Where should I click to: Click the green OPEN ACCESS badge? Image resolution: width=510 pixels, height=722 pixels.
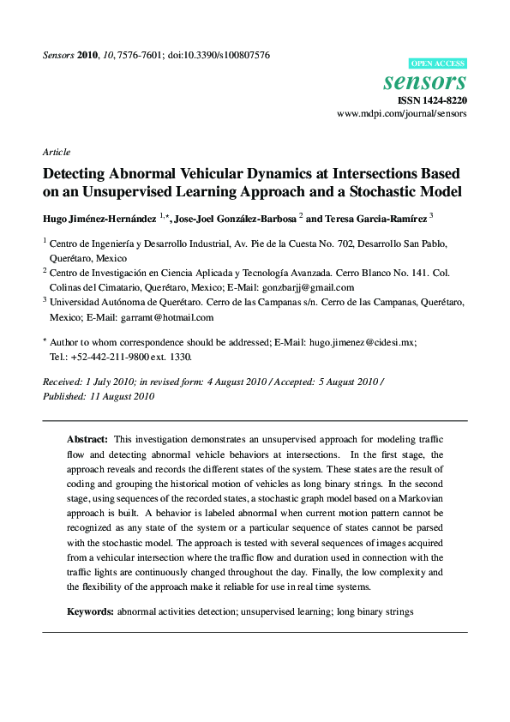[438, 63]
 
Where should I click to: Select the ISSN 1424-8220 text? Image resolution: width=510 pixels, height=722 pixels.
[433, 100]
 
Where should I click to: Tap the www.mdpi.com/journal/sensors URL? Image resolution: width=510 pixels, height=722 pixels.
[402, 114]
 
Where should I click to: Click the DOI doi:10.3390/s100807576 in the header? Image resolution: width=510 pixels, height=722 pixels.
[219, 55]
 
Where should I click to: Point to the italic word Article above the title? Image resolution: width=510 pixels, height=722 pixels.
[56, 152]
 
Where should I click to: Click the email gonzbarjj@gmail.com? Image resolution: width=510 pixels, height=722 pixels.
[310, 288]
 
